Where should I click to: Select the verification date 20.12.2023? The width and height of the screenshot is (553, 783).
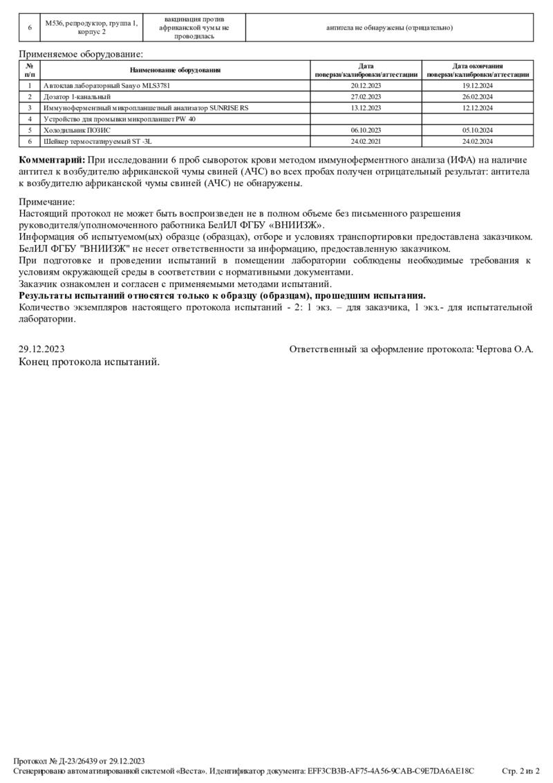(x=366, y=86)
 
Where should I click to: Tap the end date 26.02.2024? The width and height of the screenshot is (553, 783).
(x=478, y=97)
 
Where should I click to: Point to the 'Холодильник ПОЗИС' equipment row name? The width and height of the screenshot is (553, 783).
(x=77, y=130)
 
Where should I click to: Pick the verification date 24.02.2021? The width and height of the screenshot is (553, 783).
(x=366, y=141)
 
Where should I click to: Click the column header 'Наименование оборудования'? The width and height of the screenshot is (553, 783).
(x=175, y=70)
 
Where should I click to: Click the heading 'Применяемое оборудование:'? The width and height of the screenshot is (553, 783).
(x=81, y=54)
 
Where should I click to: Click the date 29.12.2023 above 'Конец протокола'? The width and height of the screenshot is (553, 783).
(x=41, y=349)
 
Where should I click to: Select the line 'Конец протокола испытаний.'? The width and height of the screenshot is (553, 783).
(x=89, y=361)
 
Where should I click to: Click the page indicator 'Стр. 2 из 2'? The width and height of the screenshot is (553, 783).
(x=520, y=770)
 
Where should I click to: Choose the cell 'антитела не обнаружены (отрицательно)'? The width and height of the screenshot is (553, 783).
(x=390, y=28)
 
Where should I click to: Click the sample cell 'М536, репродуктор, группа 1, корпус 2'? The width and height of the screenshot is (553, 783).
(x=91, y=28)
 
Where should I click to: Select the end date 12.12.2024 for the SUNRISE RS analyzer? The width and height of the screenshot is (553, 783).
(x=478, y=108)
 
